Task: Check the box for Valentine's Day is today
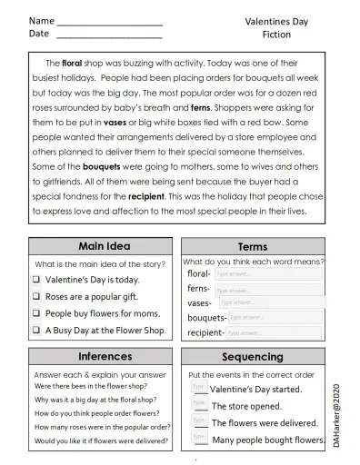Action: point(37,280)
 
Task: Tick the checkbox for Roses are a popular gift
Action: point(37,296)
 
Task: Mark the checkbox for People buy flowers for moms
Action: point(37,313)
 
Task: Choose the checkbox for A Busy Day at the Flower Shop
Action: point(37,331)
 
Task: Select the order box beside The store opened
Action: point(198,404)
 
